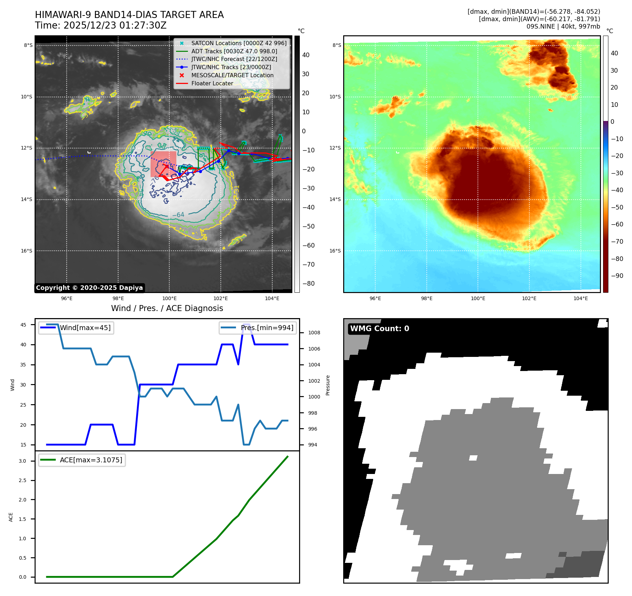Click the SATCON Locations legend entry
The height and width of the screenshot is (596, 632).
(x=239, y=43)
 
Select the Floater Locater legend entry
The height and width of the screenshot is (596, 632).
(x=212, y=83)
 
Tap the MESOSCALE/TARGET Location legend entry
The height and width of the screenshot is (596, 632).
(x=232, y=75)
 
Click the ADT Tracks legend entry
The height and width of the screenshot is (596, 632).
(x=234, y=51)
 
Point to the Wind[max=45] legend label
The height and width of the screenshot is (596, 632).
(x=85, y=328)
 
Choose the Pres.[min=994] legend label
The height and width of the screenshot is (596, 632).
(x=267, y=328)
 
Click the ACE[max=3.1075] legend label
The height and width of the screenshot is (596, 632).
(x=91, y=460)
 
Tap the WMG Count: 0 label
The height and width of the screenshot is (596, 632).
(x=379, y=329)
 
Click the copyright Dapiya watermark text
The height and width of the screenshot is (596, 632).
(x=89, y=288)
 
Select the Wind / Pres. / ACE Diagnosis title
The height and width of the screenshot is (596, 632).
(x=167, y=308)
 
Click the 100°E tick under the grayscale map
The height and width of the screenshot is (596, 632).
(x=169, y=298)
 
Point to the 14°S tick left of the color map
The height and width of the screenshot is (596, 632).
(x=335, y=199)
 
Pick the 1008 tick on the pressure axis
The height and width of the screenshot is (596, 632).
(x=314, y=333)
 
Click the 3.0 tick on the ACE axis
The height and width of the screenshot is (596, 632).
(x=23, y=461)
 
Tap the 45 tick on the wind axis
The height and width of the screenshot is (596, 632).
(x=23, y=325)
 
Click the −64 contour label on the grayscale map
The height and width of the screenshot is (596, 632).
(x=178, y=215)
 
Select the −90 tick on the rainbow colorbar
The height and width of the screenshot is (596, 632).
(x=617, y=276)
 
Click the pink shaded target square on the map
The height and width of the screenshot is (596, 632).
(x=163, y=164)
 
